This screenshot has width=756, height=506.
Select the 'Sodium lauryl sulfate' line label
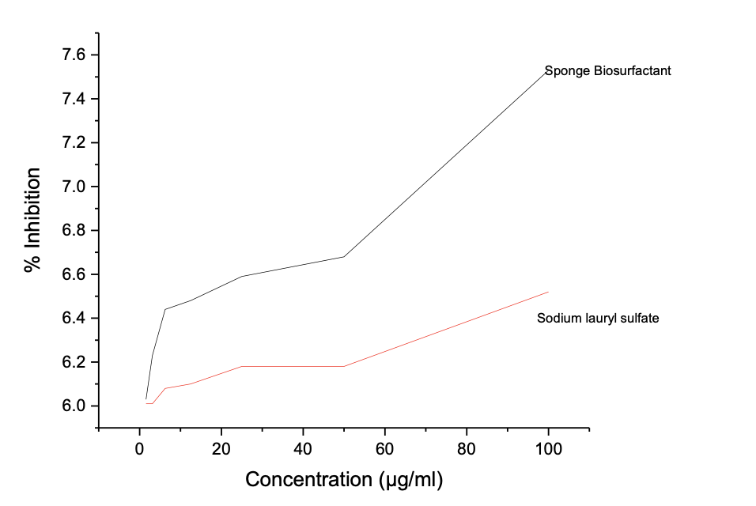tap(598, 319)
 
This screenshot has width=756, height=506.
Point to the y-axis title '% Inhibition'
tap(32, 220)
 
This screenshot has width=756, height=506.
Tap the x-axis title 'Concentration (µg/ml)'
tap(344, 479)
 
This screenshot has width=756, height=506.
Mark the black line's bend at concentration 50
tap(344, 256)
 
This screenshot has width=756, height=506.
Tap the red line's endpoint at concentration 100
tap(548, 292)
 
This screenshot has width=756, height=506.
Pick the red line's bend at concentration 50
tap(344, 366)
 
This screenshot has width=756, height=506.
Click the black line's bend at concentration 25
tap(241, 276)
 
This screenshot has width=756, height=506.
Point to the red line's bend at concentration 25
tap(241, 366)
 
